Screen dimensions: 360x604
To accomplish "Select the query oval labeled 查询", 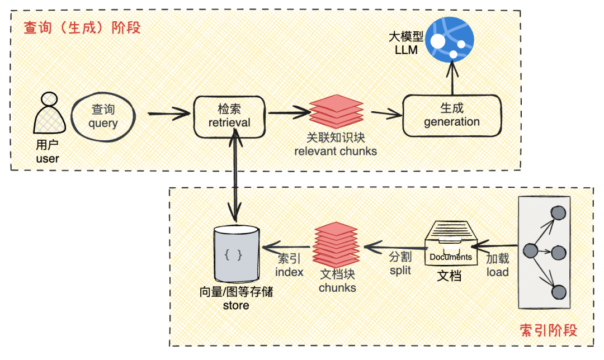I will click(103, 116).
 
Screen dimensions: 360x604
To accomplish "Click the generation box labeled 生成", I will click(451, 116).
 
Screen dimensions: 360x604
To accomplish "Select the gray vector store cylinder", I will click(236, 254).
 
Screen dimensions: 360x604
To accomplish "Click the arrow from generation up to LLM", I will click(451, 79).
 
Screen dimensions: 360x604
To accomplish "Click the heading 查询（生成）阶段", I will click(82, 27).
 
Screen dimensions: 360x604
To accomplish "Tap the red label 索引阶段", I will click(548, 330).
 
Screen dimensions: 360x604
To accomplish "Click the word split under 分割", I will click(400, 270).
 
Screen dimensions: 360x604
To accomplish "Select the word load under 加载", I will click(497, 272).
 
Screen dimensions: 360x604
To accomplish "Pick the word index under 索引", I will click(289, 272).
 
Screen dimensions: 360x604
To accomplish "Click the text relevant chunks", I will click(336, 151).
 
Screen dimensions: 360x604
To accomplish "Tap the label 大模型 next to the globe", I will click(406, 38).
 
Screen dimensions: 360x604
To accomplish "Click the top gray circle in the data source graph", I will click(558, 214).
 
